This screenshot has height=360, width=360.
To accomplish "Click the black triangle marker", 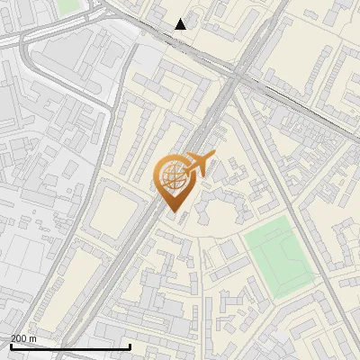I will click(x=181, y=24).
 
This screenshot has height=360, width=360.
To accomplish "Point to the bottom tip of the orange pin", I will click(x=173, y=212).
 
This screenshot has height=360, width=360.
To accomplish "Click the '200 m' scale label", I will click(x=23, y=338).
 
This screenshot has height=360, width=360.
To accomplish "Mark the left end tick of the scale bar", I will click(x=11, y=346).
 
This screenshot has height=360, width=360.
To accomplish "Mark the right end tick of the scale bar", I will click(x=130, y=346).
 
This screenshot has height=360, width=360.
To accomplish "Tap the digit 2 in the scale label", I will click(x=13, y=338).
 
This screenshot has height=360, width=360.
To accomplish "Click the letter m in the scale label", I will click(x=33, y=338).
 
